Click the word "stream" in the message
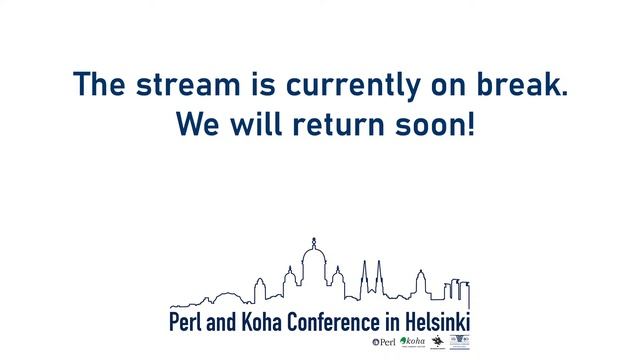click(x=196, y=84)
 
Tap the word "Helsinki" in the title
click(x=433, y=323)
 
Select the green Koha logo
click(x=412, y=342)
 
